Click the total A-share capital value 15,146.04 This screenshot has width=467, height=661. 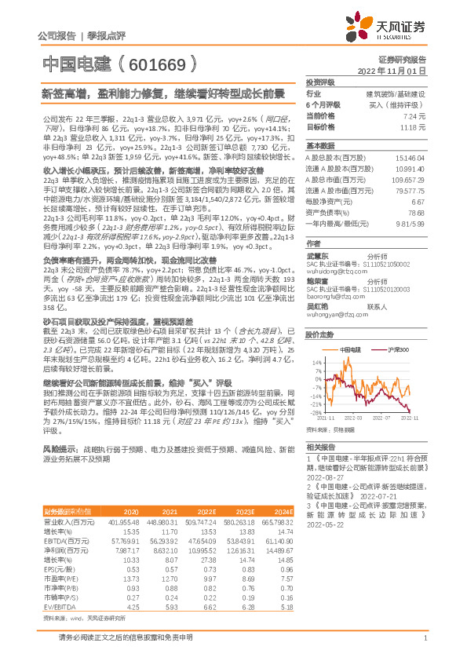413,158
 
